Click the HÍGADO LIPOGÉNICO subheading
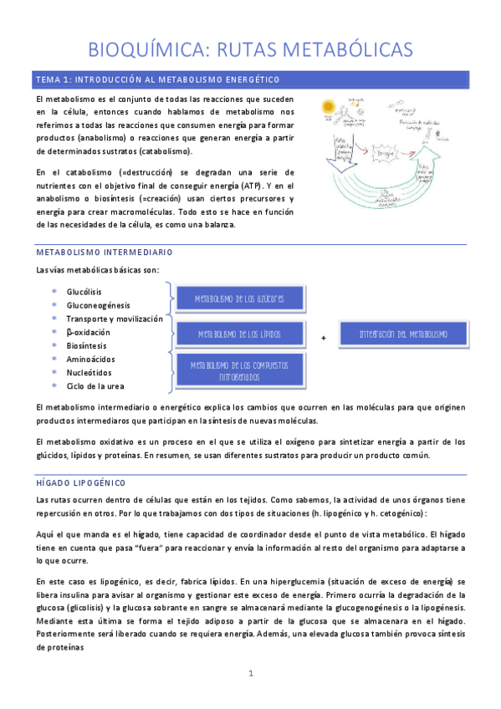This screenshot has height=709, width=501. tap(80, 483)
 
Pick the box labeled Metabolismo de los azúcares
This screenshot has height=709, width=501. tap(239, 299)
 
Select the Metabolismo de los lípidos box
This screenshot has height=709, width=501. tap(239, 334)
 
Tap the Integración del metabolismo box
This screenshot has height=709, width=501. tap(403, 334)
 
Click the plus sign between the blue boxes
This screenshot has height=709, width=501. tap(323, 337)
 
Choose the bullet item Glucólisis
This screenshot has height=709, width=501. tap(84, 292)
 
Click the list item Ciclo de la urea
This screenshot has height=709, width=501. tap(96, 385)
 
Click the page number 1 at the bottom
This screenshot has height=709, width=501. tap(250, 673)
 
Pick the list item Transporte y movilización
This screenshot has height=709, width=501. tap(114, 319)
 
